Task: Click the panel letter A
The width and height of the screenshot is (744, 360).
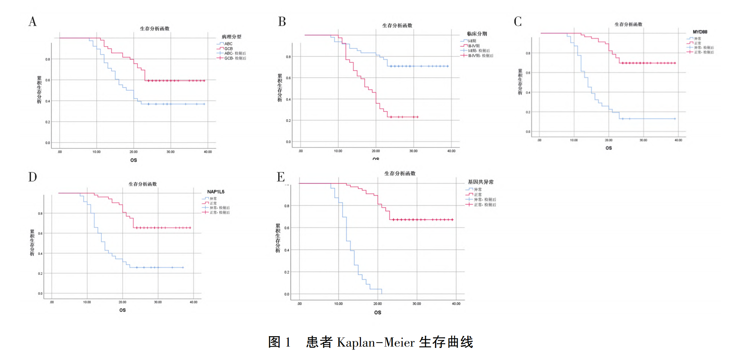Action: point(33,21)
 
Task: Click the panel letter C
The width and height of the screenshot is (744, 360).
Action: point(518,21)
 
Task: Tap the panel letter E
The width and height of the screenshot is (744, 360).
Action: point(281,177)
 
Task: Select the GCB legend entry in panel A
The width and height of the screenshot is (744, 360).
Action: point(228,49)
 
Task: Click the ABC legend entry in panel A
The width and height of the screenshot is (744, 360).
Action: point(228,44)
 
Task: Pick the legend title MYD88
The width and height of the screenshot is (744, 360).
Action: point(700,32)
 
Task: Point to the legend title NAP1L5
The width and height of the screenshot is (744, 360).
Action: point(216,192)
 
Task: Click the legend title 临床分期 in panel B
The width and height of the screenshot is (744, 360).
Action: point(477,34)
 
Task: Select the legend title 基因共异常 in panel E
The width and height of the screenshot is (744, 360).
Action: point(481,182)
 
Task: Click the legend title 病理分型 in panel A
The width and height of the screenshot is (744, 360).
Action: point(231,37)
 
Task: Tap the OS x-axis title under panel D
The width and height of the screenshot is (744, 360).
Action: point(123,310)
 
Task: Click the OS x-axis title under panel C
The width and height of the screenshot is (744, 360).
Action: point(609,148)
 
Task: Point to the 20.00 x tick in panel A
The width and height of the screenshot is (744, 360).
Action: point(133,152)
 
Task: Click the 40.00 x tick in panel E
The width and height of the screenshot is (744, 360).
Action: point(456,304)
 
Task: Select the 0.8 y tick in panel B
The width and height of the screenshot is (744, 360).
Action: point(288,57)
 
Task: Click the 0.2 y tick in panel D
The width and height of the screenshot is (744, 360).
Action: point(40,274)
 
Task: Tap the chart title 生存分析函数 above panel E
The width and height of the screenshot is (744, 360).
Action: point(400,173)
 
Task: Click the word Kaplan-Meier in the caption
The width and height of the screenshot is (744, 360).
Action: point(376,343)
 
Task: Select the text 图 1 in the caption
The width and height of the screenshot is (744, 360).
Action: point(279,342)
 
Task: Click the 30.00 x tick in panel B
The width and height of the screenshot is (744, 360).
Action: point(413,151)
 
